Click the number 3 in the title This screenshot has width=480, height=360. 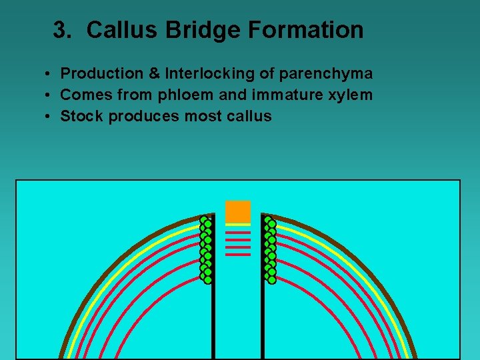tap(62, 30)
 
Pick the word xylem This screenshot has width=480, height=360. tap(351, 95)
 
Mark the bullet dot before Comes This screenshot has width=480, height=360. tap(50, 95)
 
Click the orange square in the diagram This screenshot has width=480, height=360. tap(238, 211)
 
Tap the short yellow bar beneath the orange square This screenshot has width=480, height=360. tap(238, 225)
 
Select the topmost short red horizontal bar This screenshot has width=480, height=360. tap(238, 232)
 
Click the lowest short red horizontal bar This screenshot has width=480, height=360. tap(238, 255)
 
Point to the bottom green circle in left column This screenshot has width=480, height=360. tap(207, 279)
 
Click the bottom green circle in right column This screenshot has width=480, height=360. tap(272, 279)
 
